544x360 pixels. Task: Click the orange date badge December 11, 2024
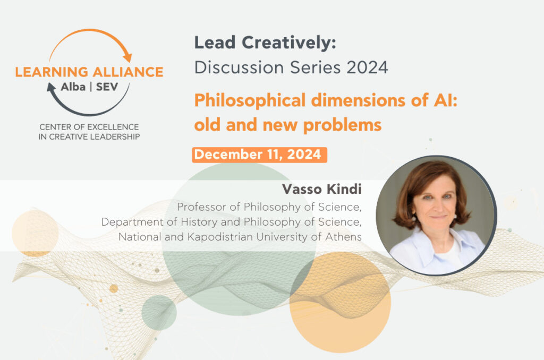[259, 155]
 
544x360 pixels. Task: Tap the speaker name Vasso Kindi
[321, 189]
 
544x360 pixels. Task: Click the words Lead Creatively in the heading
[265, 43]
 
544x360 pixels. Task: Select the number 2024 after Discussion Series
[367, 67]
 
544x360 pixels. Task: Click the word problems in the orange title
[343, 125]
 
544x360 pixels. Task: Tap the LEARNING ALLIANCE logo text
[89, 72]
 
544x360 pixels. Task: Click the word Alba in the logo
[73, 87]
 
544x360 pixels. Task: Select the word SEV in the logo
[107, 87]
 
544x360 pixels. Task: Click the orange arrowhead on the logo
[128, 57]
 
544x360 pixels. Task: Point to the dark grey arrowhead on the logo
[52, 88]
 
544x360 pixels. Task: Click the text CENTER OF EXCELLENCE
[89, 127]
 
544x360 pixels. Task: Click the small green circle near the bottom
[159, 313]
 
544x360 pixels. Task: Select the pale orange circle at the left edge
[35, 234]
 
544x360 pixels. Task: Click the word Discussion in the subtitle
[239, 67]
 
